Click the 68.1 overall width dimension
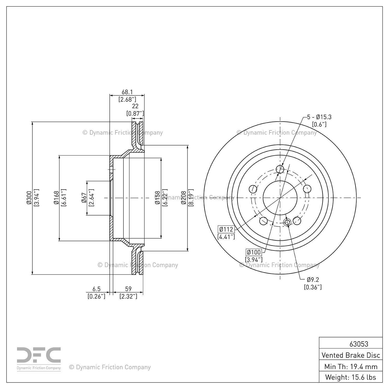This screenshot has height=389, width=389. click(127, 92)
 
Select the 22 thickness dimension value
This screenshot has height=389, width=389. click(135, 106)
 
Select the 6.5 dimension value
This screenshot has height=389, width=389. click(96, 289)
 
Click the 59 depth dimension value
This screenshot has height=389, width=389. click(128, 289)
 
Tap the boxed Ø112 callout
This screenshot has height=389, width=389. click(226, 229)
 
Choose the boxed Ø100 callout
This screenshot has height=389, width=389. click(254, 252)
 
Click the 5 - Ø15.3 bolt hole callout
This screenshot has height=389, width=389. click(319, 117)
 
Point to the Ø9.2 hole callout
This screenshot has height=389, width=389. click(313, 280)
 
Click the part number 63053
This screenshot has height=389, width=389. click(359, 344)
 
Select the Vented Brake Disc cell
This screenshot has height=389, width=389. click(351, 355)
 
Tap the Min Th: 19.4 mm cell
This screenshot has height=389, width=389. click(351, 366)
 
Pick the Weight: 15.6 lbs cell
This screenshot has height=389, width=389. click(351, 377)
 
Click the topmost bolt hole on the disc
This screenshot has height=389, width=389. click(280, 169)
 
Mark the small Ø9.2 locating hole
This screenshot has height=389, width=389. click(287, 222)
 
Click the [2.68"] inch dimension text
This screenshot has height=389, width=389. click(127, 99)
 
